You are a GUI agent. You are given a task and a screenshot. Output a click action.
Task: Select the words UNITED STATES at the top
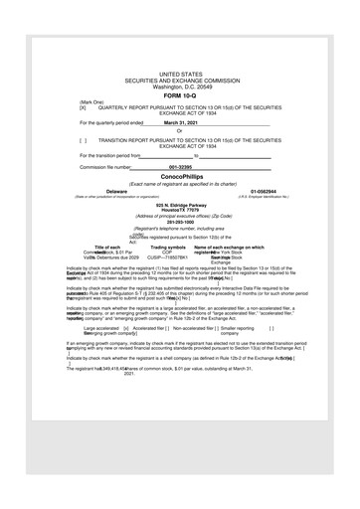coord(179,75)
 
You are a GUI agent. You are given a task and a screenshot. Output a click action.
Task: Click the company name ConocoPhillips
coord(179,176)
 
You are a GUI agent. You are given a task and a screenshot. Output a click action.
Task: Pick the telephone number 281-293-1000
coord(179,222)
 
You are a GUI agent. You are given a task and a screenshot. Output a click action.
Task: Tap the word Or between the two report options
coord(179,130)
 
